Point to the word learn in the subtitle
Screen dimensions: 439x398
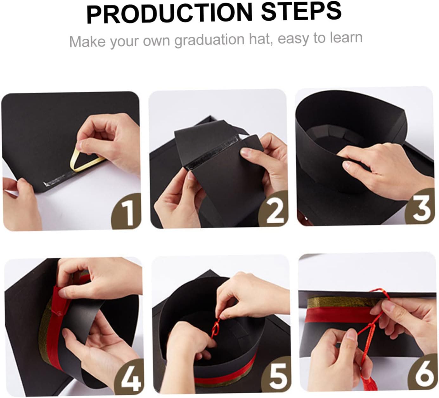coord(346,37)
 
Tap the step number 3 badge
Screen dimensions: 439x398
coord(419,206)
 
